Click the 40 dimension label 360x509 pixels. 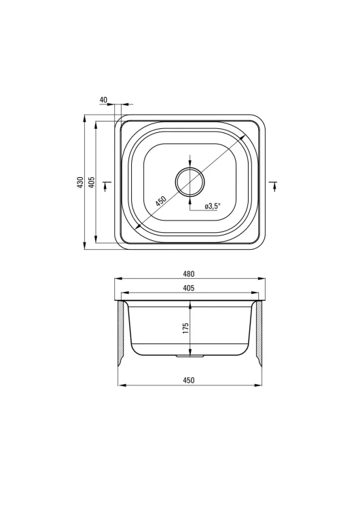coord(103,100)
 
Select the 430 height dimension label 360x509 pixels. coord(80,183)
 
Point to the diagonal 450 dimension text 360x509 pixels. coord(160,202)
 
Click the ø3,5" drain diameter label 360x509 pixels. coord(213,206)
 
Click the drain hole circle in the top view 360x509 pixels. coord(190,182)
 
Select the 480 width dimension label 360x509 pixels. coord(189,274)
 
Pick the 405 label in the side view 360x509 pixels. coord(189,288)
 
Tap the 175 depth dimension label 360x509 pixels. coord(185,329)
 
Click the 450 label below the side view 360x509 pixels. coord(189,380)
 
